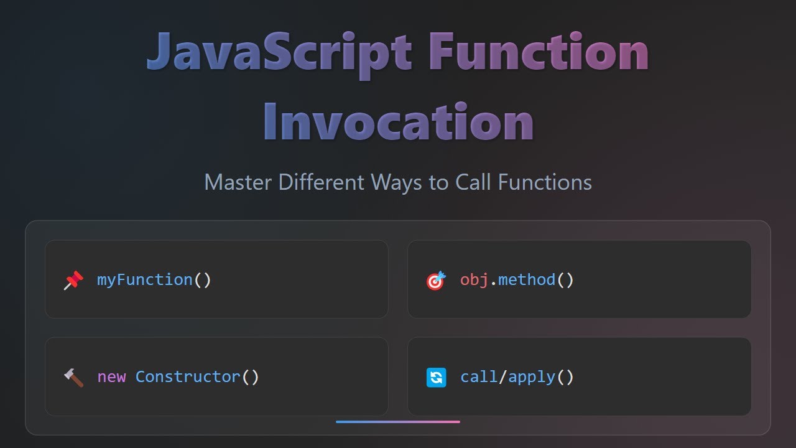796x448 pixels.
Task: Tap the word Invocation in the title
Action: [x=398, y=121]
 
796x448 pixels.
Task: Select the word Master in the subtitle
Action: [x=238, y=182]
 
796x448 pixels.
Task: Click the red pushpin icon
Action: [x=73, y=281]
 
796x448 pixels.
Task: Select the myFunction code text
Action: [x=145, y=280]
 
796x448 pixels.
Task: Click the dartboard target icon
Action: [x=436, y=281]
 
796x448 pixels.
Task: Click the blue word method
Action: [x=527, y=280]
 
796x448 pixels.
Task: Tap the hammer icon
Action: [x=73, y=377]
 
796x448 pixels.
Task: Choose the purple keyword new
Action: [x=111, y=377]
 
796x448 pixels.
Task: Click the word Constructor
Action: [x=188, y=377]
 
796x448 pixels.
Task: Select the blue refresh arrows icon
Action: [x=436, y=377]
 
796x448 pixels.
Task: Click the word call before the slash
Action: [x=479, y=377]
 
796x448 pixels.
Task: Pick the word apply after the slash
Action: [x=532, y=377]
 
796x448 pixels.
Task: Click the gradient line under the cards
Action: [x=398, y=422]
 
